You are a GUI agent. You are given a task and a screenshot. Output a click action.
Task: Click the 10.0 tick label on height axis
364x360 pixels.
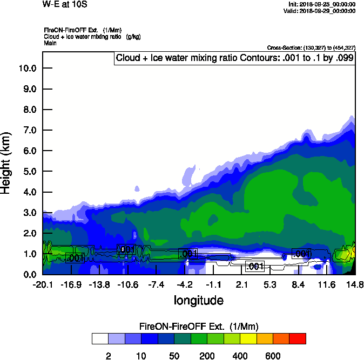[27, 68]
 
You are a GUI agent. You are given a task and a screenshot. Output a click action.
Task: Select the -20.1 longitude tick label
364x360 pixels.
[42, 284]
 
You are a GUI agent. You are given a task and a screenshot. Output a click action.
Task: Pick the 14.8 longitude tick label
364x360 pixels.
[355, 284]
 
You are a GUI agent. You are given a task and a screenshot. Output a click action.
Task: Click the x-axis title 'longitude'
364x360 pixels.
[198, 300]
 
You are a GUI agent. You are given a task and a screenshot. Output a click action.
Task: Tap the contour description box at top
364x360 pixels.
[234, 58]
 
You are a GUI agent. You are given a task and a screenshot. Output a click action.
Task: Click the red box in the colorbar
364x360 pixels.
[298, 338]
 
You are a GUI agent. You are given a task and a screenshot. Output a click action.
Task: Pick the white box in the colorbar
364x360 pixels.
[99, 338]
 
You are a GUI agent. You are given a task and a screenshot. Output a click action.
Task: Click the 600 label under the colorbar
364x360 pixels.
[273, 356]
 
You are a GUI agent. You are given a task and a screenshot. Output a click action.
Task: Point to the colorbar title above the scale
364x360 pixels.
[199, 327]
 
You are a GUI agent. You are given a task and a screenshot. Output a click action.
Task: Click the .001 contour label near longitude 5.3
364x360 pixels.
[254, 266]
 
